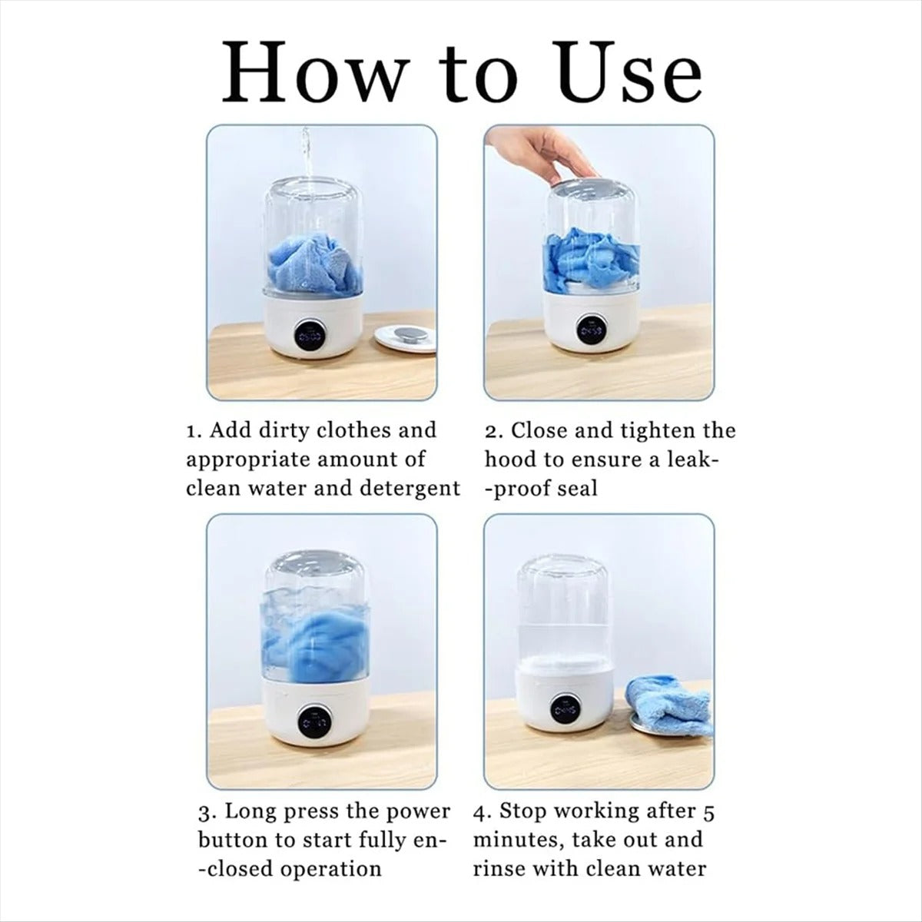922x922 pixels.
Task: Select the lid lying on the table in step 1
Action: click(405, 339)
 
